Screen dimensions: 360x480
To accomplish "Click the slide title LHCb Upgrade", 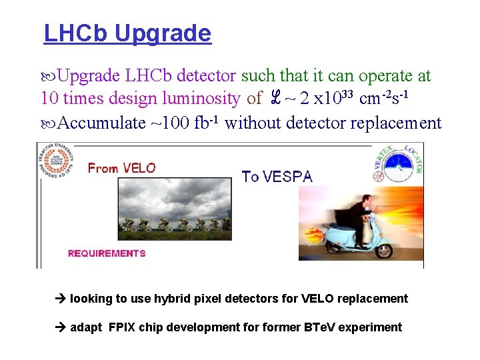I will [127, 33].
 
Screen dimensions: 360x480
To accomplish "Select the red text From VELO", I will [121, 169].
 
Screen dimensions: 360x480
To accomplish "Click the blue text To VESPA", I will [277, 177].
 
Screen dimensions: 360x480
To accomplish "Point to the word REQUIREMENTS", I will [107, 253].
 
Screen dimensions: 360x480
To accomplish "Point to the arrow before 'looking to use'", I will [61, 299].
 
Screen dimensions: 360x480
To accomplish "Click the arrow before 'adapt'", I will [61, 327].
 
